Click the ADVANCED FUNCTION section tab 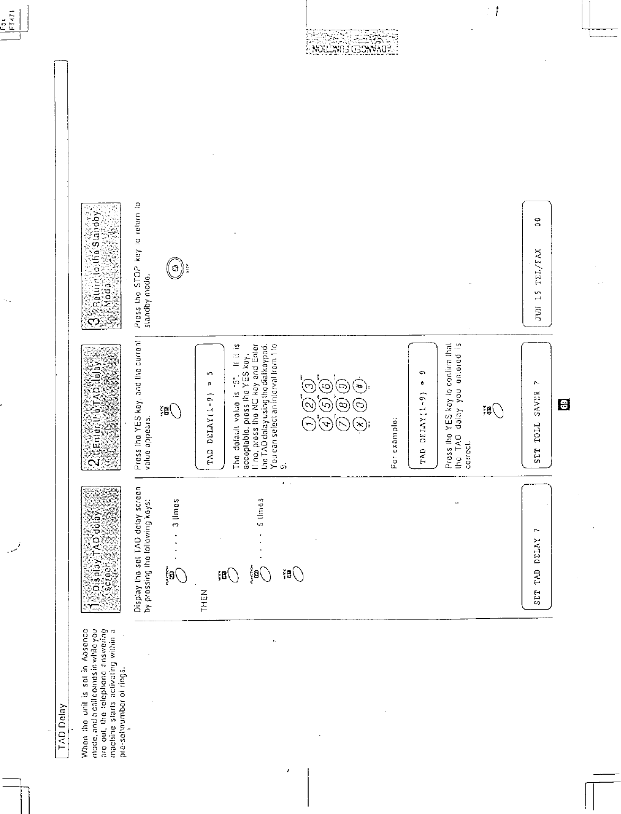click(x=352, y=44)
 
